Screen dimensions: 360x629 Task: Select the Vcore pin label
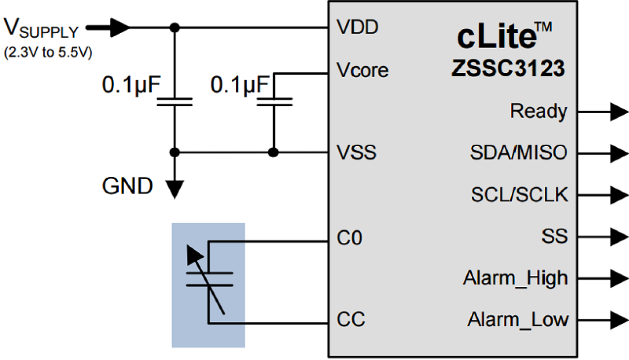click(x=362, y=70)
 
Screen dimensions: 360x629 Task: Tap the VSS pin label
click(x=356, y=152)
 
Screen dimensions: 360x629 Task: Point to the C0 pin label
click(x=349, y=239)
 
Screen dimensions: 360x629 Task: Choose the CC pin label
click(x=351, y=318)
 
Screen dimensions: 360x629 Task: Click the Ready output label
click(x=538, y=112)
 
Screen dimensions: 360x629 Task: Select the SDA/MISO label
click(x=519, y=152)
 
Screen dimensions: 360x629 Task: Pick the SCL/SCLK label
click(x=519, y=194)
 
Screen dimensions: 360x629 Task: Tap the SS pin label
click(x=554, y=236)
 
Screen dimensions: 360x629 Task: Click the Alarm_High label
click(x=515, y=277)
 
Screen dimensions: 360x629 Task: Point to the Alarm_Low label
click(x=518, y=319)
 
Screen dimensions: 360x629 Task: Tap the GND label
click(x=127, y=187)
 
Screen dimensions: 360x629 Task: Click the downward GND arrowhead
click(x=175, y=189)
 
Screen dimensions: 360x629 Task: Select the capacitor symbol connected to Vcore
click(x=274, y=102)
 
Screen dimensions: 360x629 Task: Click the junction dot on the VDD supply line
click(x=175, y=28)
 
